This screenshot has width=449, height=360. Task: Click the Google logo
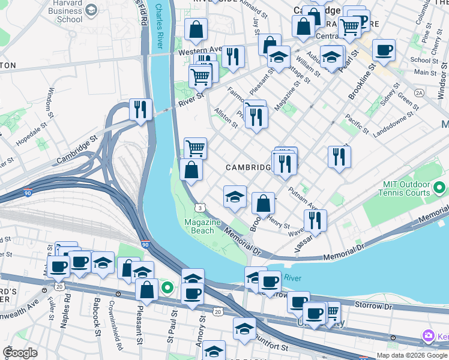pos(20,353)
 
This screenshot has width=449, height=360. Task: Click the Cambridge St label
pos(77,150)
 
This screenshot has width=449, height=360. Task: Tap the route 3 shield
pos(199,208)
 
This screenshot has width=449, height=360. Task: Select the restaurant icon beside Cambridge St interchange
pos(140,109)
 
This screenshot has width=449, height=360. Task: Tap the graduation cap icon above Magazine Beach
pos(235,196)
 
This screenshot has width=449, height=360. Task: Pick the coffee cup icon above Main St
pos(384,50)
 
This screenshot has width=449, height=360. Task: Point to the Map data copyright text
pos(411,355)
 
